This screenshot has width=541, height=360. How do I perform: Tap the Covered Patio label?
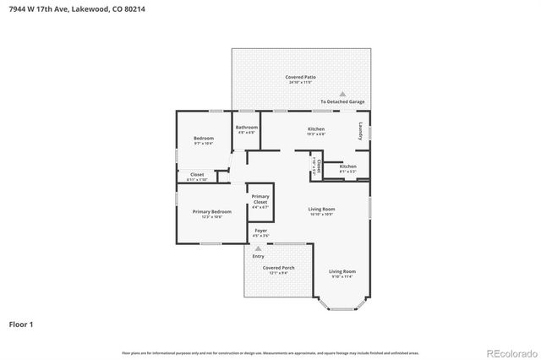click(300, 77)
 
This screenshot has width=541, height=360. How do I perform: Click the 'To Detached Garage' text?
click(342, 101)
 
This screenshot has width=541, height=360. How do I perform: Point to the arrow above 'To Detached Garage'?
click(342, 94)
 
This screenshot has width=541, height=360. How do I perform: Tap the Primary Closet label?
click(260, 200)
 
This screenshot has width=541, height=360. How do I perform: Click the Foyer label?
click(260, 231)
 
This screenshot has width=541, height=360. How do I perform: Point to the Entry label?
click(258, 256)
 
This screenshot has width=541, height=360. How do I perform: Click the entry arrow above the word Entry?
click(258, 248)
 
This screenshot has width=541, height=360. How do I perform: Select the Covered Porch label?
click(278, 267)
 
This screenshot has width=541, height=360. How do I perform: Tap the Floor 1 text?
click(22, 323)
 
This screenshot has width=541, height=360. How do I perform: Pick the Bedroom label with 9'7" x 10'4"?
click(204, 138)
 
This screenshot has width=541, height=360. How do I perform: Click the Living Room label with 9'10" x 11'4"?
click(342, 271)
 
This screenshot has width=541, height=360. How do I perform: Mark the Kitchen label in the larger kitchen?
click(316, 128)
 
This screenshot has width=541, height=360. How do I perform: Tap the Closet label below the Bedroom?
click(196, 175)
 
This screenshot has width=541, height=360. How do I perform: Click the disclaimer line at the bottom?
click(270, 352)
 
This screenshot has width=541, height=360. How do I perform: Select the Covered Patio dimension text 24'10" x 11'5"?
click(300, 83)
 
